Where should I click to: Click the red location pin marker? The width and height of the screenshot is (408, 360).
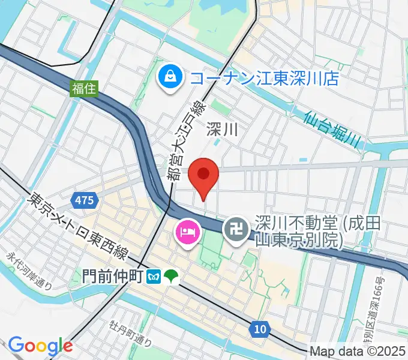[x=203, y=175]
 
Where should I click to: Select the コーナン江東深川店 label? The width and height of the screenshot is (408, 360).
[x=264, y=78]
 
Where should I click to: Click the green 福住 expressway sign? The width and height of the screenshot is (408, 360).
[x=80, y=88]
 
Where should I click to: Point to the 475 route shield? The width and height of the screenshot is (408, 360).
[x=85, y=200]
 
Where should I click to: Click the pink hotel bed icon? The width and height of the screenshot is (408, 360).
[x=185, y=231]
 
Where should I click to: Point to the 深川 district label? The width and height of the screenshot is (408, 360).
[x=222, y=128]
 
